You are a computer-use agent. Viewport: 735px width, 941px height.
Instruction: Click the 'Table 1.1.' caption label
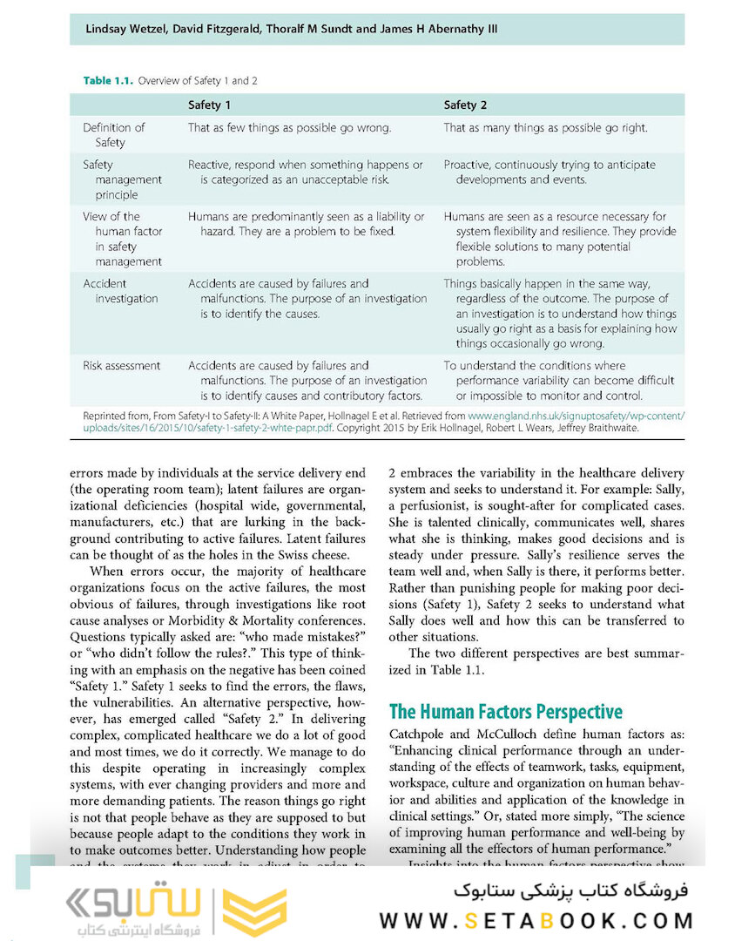(x=108, y=81)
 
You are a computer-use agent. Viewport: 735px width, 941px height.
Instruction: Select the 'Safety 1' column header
(x=210, y=105)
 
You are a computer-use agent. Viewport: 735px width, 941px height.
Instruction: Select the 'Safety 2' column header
(x=465, y=105)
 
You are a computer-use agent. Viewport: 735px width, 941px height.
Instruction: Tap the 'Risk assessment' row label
(x=121, y=366)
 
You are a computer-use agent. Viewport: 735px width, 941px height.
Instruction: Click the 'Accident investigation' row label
(x=119, y=291)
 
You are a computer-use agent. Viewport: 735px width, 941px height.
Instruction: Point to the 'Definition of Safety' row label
(x=113, y=135)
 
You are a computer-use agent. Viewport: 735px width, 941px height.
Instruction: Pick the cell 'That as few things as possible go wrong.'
(x=289, y=128)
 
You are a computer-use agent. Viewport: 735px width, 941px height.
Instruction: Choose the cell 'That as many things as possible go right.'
(x=545, y=128)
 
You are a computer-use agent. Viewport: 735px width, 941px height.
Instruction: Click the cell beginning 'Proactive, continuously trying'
(x=550, y=173)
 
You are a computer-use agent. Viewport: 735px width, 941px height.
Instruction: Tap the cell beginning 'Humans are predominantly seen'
(x=307, y=224)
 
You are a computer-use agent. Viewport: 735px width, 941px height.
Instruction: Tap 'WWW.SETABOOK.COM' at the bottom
(x=536, y=920)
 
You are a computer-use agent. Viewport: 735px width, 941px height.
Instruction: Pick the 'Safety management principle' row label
(x=122, y=179)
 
